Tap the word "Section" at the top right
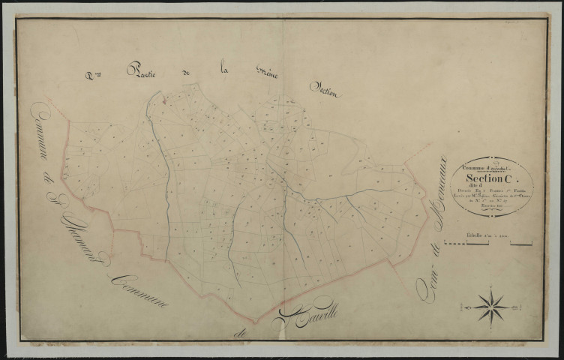click(325, 91)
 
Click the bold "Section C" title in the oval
click(482, 179)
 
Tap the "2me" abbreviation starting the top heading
click(93, 74)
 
